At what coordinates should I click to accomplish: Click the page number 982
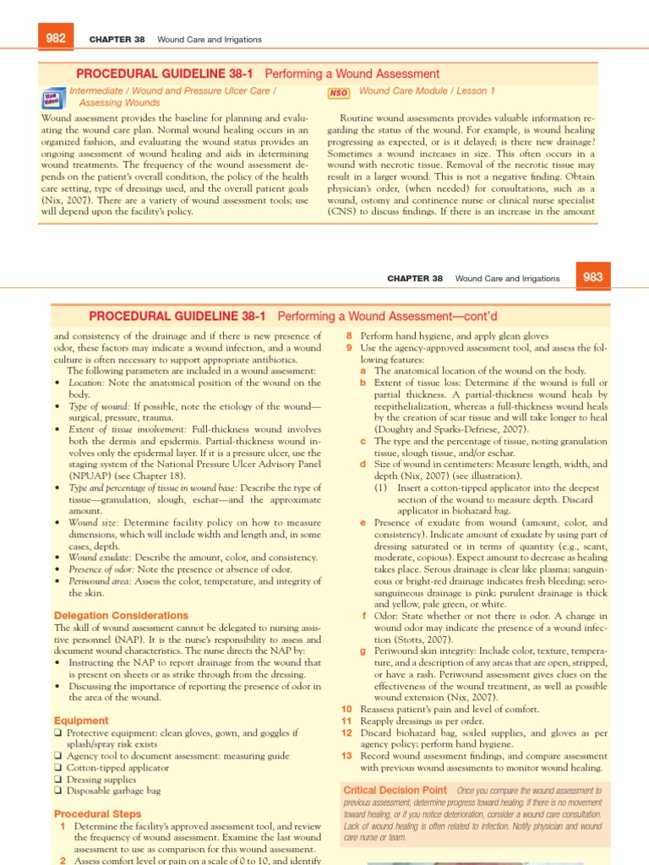pyautogui.click(x=57, y=39)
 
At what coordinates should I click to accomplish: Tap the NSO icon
pyautogui.click(x=338, y=92)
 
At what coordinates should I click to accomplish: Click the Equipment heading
pyautogui.click(x=81, y=721)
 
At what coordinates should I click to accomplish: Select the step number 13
pyautogui.click(x=346, y=756)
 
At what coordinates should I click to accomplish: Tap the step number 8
pyautogui.click(x=349, y=335)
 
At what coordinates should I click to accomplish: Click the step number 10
pyautogui.click(x=346, y=709)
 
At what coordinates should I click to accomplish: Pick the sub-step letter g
pyautogui.click(x=363, y=651)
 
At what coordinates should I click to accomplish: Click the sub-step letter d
pyautogui.click(x=363, y=464)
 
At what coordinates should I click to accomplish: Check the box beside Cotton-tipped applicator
pyautogui.click(x=57, y=768)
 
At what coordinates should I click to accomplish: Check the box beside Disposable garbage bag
pyautogui.click(x=57, y=792)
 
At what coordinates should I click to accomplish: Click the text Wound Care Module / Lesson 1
pyautogui.click(x=427, y=90)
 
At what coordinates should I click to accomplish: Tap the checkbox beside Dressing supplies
pyautogui.click(x=57, y=780)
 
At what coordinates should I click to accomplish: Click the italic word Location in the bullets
pyautogui.click(x=86, y=383)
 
